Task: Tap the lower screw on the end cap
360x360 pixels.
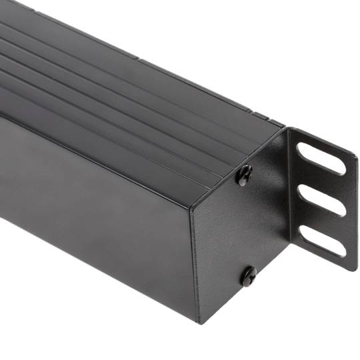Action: tap(249, 275)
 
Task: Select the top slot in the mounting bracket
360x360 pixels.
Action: tap(322, 159)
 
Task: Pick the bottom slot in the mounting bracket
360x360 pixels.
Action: tap(323, 241)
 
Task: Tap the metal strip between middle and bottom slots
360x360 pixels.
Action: tap(322, 221)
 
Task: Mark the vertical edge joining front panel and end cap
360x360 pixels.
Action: tap(195, 260)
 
